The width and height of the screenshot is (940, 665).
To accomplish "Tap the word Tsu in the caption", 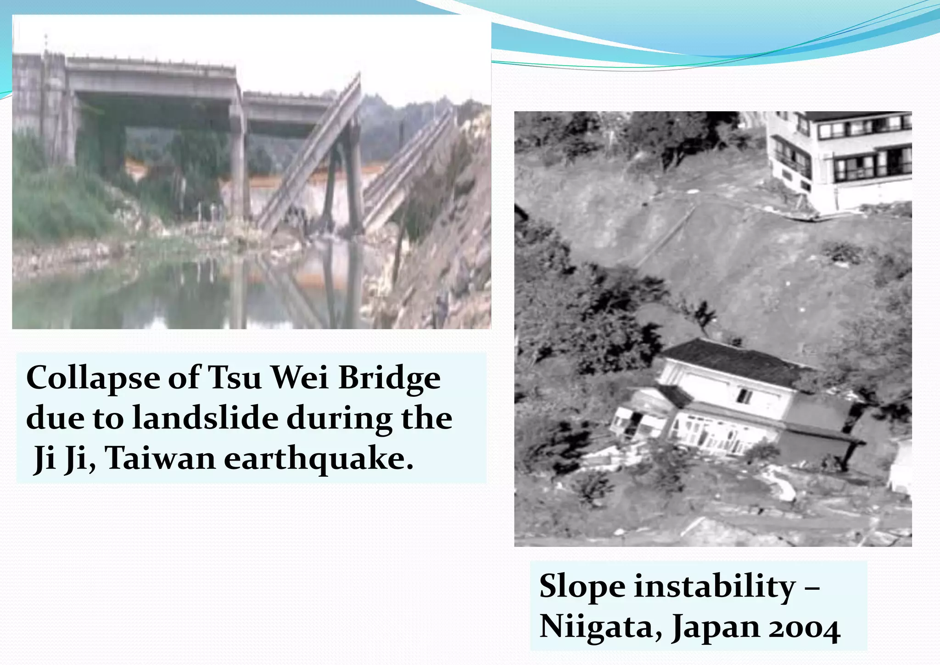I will click(x=235, y=378).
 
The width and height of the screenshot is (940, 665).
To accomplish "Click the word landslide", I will click(x=205, y=418).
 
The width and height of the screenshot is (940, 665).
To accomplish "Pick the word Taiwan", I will click(x=160, y=458).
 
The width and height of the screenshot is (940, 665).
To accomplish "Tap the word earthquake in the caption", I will click(x=319, y=459).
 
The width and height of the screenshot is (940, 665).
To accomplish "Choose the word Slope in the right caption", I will click(x=582, y=587).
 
